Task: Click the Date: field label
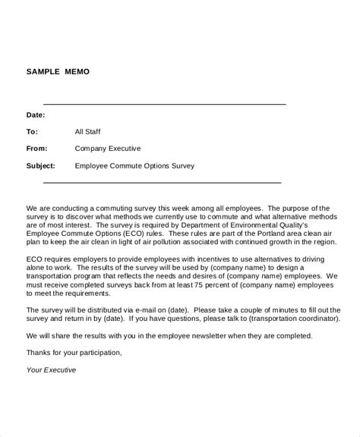pos(36,115)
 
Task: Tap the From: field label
pos(37,149)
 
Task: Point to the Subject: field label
pos(43,165)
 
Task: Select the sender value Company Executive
pos(108,149)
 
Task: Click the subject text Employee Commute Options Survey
pos(134,165)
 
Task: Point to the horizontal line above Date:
pos(164,104)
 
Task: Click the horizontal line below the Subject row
pos(162,182)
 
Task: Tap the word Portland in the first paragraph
pos(247,234)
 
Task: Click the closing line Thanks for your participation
pos(74,352)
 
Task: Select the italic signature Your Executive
pos(52,370)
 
